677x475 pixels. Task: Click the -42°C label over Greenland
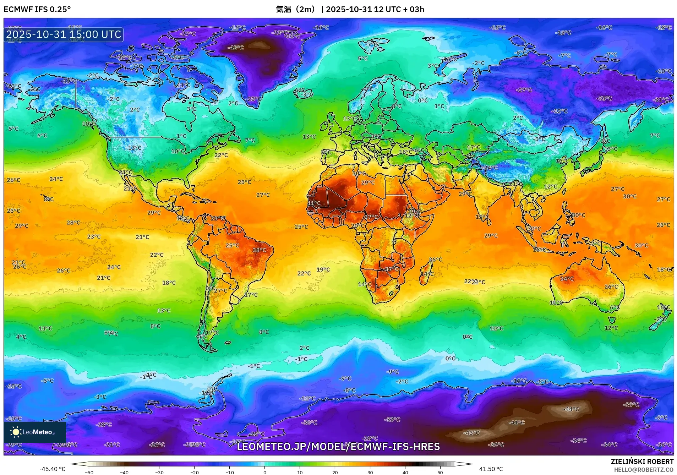tap(236, 48)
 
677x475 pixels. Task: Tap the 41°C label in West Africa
tap(313, 203)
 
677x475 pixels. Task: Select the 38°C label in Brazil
tap(259, 250)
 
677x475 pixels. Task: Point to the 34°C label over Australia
tap(567, 279)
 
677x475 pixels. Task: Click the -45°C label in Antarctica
tap(471, 433)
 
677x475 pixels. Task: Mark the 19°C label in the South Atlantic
tap(323, 269)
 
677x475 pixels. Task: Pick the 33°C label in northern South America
tap(217, 218)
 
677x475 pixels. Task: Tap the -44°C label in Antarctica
tap(571, 409)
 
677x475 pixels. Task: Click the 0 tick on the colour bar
tap(265, 472)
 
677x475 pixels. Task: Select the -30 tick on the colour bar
tap(159, 472)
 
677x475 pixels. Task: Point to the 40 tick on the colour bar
tap(405, 472)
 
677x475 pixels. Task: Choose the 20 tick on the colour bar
tap(335, 472)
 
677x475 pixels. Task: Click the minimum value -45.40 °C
tap(53, 469)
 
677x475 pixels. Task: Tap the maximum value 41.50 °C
tap(491, 469)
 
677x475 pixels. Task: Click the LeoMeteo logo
tap(35, 432)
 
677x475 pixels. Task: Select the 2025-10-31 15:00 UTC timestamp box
tap(64, 34)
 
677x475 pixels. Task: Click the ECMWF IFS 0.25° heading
tap(37, 9)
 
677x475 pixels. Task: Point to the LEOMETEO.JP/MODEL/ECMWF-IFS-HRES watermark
tap(338, 447)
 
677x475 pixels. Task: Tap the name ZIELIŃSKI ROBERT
tap(642, 462)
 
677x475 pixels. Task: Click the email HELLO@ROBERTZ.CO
tap(644, 470)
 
